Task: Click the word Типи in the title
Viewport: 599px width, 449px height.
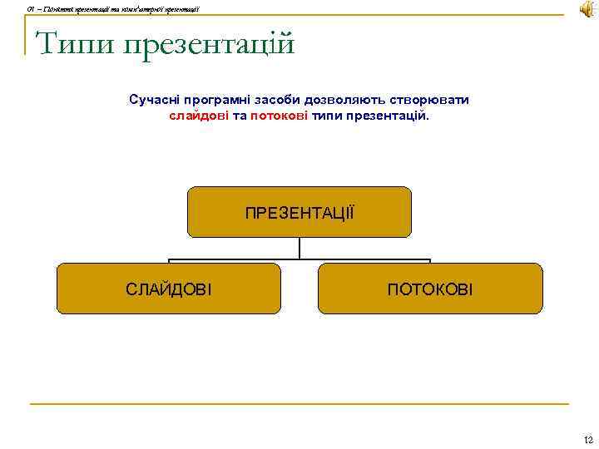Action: coord(75,42)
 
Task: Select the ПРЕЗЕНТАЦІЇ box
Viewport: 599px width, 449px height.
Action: coord(299,212)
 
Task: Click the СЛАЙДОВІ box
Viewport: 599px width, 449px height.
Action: coord(169,289)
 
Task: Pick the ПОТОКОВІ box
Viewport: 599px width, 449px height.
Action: coord(430,289)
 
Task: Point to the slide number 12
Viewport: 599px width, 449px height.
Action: coord(588,439)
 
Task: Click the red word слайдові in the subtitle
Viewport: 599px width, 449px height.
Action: coord(199,116)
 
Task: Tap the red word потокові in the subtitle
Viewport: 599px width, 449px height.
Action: coord(280,116)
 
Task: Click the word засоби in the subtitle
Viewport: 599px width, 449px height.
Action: coord(288,100)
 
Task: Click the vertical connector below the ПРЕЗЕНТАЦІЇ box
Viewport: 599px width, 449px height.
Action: coord(299,249)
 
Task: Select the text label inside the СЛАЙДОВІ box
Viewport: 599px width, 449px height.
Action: coord(169,289)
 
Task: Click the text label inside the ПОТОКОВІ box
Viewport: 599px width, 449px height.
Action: coord(430,289)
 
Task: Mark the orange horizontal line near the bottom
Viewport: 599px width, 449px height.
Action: coord(299,404)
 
